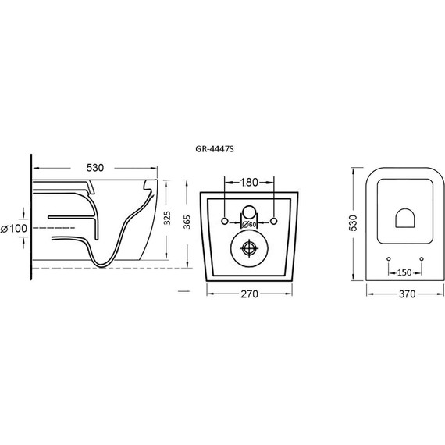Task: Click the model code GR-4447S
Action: tap(215, 149)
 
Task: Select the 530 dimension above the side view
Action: tap(95, 168)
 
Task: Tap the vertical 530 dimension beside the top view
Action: tap(354, 222)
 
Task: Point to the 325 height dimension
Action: tap(167, 218)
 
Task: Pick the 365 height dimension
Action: tap(187, 222)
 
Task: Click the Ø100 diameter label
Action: tap(14, 229)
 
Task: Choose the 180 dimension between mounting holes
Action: tap(249, 183)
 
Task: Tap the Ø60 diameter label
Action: tap(249, 225)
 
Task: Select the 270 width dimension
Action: tap(250, 294)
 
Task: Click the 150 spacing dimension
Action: tap(404, 272)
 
